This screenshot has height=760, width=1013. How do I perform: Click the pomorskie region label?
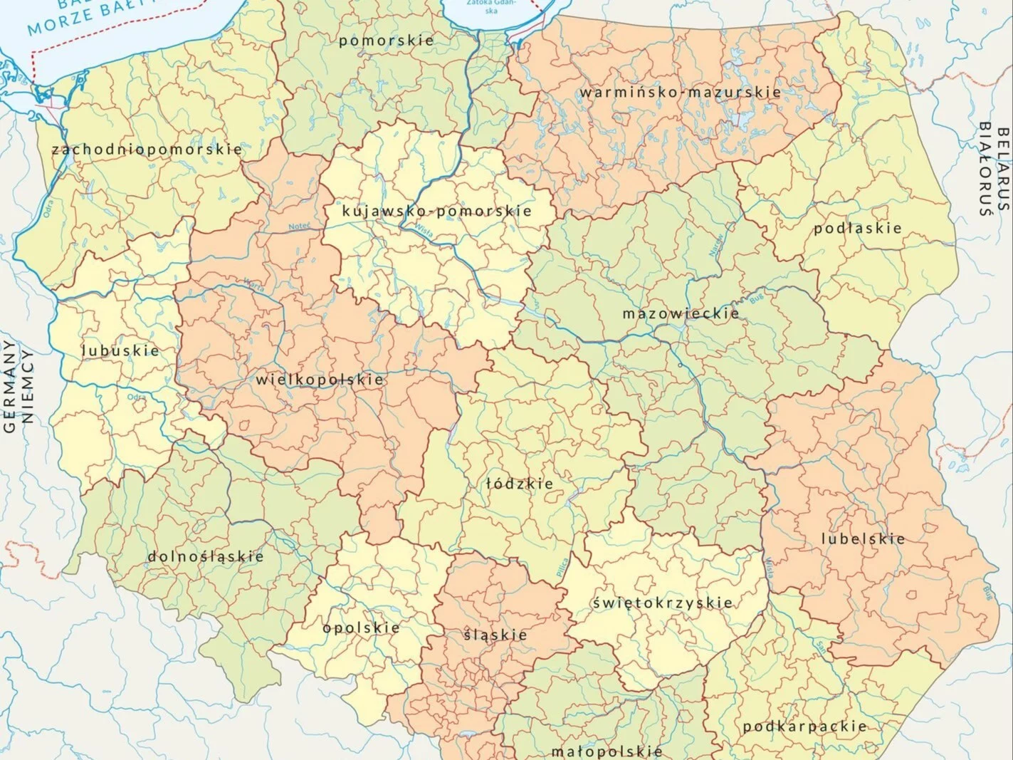coord(386,41)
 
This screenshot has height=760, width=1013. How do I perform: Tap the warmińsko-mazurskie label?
coord(680,93)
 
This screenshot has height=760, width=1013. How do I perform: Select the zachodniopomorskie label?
coord(147,150)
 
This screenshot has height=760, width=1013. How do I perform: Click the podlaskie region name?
coord(858,229)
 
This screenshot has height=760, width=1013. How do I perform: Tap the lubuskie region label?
coord(120,350)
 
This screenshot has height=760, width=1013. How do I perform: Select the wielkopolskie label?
coord(320,380)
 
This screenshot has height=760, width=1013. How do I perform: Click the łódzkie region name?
coord(520,484)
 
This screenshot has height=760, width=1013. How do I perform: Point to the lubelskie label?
coord(863,539)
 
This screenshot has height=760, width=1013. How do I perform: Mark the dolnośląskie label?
coord(206,556)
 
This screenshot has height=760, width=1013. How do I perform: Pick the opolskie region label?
coord(361,628)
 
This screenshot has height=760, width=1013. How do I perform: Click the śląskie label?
coord(495,635)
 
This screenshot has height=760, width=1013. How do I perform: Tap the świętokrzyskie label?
coord(662,603)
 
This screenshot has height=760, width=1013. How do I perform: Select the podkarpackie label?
coord(804,727)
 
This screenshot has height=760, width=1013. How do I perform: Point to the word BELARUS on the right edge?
coord(1003,169)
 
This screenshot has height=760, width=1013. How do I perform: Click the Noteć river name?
coord(299,227)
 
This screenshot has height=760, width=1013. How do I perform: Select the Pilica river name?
coord(564,563)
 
